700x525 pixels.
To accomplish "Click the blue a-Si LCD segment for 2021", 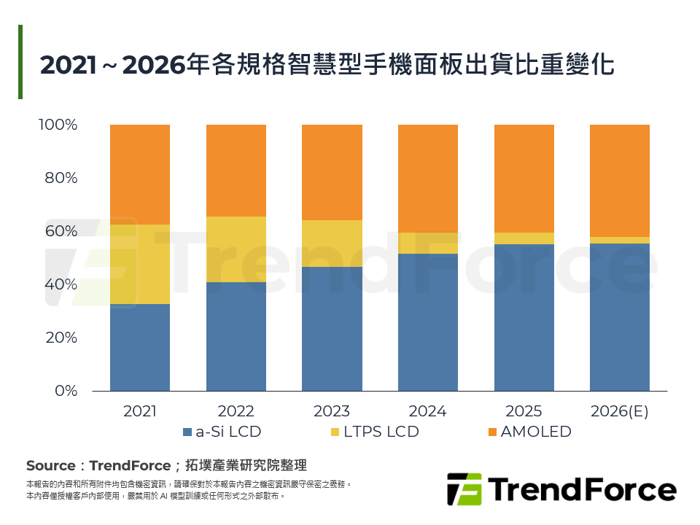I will pyautogui.click(x=140, y=347).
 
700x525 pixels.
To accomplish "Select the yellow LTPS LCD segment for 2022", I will pyautogui.click(x=236, y=249).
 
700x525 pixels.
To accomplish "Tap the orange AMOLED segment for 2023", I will pyautogui.click(x=332, y=172).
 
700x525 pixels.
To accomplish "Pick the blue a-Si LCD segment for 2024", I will pyautogui.click(x=428, y=322).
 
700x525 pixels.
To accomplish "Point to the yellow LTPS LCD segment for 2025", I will pyautogui.click(x=524, y=238).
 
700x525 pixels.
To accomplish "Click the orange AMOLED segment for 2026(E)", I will pyautogui.click(x=620, y=180).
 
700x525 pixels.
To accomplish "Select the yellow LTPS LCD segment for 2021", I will pyautogui.click(x=140, y=264).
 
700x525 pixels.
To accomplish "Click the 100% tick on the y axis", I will pyautogui.click(x=58, y=125).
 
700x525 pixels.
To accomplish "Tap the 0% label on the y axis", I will pyautogui.click(x=66, y=391).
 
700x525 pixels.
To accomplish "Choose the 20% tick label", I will pyautogui.click(x=61, y=338).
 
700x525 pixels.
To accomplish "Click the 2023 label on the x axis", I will pyautogui.click(x=332, y=411).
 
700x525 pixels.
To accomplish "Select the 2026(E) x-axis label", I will pyautogui.click(x=620, y=411).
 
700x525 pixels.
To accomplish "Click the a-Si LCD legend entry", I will pyautogui.click(x=222, y=432).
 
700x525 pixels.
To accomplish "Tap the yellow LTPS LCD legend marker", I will pyautogui.click(x=335, y=432).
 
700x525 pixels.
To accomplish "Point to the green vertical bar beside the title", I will pyautogui.click(x=20, y=62).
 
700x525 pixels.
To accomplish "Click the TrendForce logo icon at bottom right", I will pyautogui.click(x=464, y=489).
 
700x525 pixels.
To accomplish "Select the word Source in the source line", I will pyautogui.click(x=50, y=466).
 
